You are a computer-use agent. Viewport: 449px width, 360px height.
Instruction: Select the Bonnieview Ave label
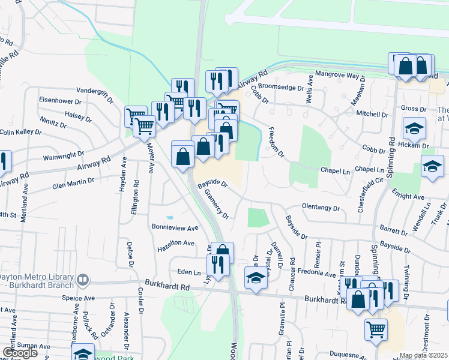(x=175, y=229)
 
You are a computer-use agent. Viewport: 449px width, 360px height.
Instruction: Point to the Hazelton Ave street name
(x=176, y=244)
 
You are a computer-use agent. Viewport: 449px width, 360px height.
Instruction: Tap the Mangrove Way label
(x=340, y=77)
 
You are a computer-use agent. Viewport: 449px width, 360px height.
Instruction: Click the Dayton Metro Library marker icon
(x=83, y=279)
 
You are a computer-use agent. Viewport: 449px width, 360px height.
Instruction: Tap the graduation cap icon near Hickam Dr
(x=414, y=130)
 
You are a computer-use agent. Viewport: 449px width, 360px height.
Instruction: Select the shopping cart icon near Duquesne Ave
(x=376, y=329)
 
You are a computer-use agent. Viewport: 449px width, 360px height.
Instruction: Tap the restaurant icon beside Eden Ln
(x=218, y=264)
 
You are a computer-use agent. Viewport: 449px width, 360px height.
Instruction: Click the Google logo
(x=20, y=353)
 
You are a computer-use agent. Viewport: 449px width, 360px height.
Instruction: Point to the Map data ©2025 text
(x=424, y=356)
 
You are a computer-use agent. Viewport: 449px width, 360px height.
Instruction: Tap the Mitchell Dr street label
(x=372, y=114)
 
